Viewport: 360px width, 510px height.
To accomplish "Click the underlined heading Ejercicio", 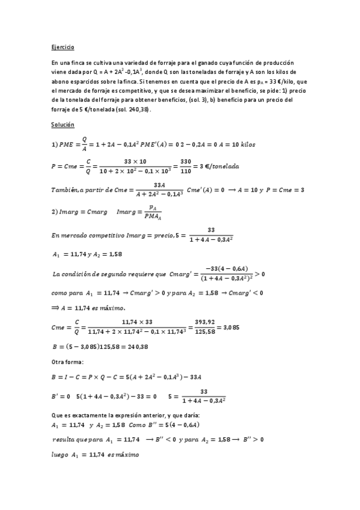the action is [63, 46].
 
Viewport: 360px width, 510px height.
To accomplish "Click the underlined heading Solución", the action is [63, 124].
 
